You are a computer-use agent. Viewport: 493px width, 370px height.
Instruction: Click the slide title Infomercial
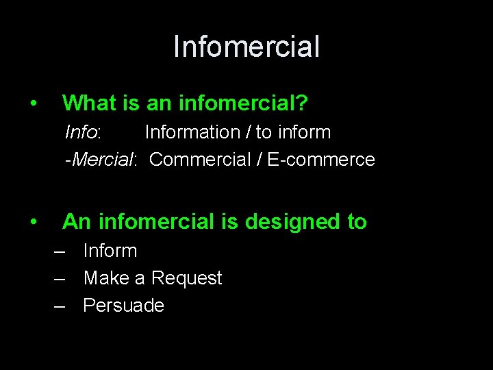click(x=246, y=47)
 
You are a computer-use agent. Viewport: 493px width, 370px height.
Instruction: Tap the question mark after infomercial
click(x=302, y=103)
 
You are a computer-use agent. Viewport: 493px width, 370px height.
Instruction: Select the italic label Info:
click(x=83, y=132)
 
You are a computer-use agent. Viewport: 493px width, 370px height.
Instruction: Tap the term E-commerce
click(x=321, y=160)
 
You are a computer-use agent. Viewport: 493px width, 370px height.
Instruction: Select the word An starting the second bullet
click(x=77, y=221)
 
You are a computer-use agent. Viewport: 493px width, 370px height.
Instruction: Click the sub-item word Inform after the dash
click(x=110, y=251)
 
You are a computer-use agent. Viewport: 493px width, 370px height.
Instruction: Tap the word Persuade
click(x=124, y=306)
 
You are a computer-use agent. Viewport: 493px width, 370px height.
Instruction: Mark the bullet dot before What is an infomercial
click(x=33, y=104)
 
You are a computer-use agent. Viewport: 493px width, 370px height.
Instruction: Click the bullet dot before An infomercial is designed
click(x=33, y=222)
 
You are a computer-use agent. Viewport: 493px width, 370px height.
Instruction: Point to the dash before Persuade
click(x=61, y=306)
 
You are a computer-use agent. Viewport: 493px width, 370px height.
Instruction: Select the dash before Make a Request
click(x=61, y=278)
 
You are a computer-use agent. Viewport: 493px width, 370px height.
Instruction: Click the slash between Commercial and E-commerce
click(x=261, y=160)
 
